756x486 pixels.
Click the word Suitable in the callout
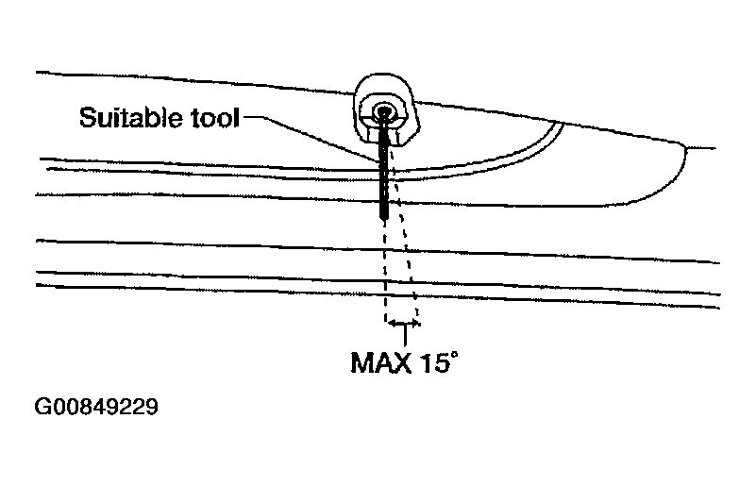(130, 117)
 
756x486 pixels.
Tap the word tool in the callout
(215, 118)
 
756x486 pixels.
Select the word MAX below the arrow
(381, 362)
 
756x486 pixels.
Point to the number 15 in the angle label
(434, 362)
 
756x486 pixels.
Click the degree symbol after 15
(453, 356)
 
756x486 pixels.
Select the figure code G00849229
(96, 407)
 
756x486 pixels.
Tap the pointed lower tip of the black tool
(384, 222)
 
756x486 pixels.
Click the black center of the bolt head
(384, 112)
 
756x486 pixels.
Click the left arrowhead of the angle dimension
(392, 324)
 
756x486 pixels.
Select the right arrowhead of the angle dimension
(415, 324)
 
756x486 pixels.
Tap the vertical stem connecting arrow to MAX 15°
(405, 336)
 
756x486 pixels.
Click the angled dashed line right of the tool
(404, 231)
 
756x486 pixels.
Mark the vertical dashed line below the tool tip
(385, 272)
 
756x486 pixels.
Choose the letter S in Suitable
(87, 117)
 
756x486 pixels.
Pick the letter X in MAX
(402, 362)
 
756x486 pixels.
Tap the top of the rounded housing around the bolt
(384, 75)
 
